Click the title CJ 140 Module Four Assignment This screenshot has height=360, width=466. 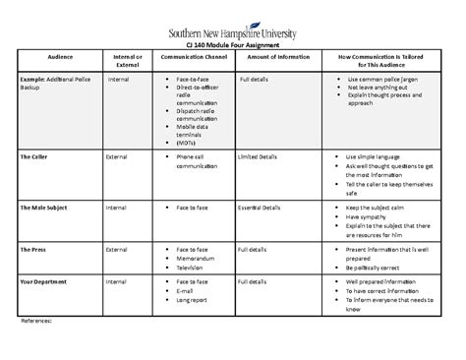point(232,45)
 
